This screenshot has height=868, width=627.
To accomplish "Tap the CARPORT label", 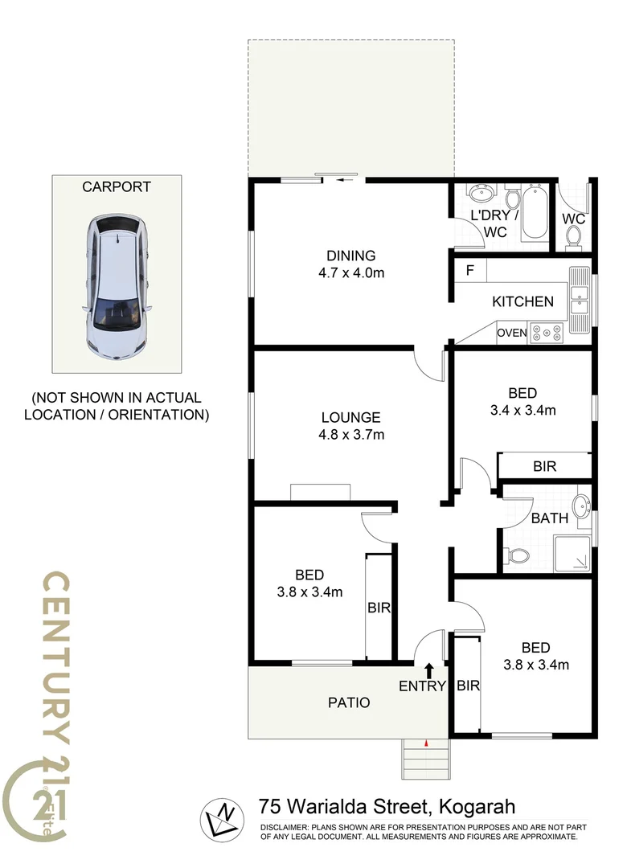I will (117, 187).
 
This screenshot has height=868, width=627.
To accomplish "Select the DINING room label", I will (346, 256).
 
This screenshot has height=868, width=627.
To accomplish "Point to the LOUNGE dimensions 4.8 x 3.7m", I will (351, 436).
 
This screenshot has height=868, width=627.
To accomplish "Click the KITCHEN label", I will (522, 302).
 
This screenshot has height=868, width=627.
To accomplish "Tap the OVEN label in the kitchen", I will (512, 333).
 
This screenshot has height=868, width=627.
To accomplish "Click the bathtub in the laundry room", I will (535, 214).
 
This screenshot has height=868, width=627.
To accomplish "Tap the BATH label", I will (550, 518).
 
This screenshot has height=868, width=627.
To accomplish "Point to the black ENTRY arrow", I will (428, 669).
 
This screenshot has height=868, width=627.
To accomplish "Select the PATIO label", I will (349, 702).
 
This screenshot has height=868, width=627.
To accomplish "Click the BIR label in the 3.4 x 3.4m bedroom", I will (545, 465).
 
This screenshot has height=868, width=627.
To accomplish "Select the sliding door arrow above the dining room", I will (346, 180).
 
